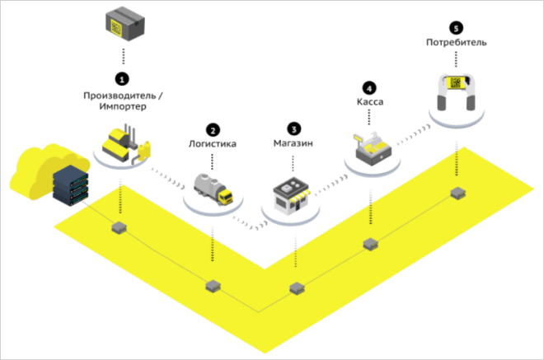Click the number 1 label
(x=122, y=80)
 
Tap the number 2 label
(x=213, y=131)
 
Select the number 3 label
(x=293, y=130)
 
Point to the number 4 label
(x=369, y=88)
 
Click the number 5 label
(x=456, y=29)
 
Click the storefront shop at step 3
(x=293, y=196)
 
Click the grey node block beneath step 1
(x=120, y=227)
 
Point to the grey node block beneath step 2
(x=213, y=286)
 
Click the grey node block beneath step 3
(x=297, y=288)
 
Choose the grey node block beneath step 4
(x=370, y=244)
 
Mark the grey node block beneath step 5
(x=458, y=193)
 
